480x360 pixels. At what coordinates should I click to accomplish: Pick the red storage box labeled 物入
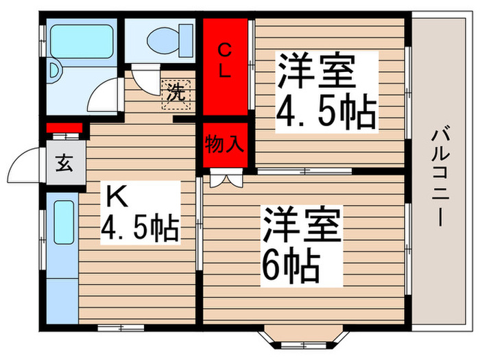225,145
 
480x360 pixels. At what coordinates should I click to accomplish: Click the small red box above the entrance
64,127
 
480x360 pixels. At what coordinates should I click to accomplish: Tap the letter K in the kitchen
116,197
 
